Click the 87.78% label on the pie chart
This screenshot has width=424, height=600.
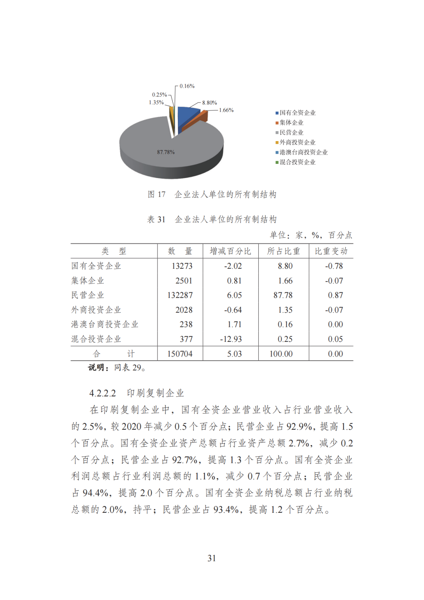[x=166, y=152]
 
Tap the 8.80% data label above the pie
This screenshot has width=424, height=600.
[x=209, y=103]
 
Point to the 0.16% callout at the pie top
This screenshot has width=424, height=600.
[x=187, y=86]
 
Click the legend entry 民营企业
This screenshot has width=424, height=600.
[x=291, y=133]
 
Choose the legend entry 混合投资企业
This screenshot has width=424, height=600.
[x=297, y=162]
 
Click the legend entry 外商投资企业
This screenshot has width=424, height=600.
[x=297, y=143]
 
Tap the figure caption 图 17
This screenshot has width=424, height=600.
[x=157, y=194]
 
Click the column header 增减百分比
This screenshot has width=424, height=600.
[x=230, y=251]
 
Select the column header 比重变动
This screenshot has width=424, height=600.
[x=331, y=251]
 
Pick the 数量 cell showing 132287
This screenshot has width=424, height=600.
[x=180, y=295]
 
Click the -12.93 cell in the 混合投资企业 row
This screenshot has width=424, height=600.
[x=231, y=339]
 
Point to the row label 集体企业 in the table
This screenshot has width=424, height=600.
[x=88, y=281]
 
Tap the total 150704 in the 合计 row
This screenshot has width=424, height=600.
[x=180, y=354]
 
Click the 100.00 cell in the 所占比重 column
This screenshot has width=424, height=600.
[x=281, y=354]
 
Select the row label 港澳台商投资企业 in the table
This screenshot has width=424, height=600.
[x=104, y=325]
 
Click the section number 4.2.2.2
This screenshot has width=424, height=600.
[x=102, y=393]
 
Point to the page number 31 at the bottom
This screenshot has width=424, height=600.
[x=212, y=558]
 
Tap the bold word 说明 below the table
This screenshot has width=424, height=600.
[x=96, y=368]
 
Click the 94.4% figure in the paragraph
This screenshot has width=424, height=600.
[x=95, y=493]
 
